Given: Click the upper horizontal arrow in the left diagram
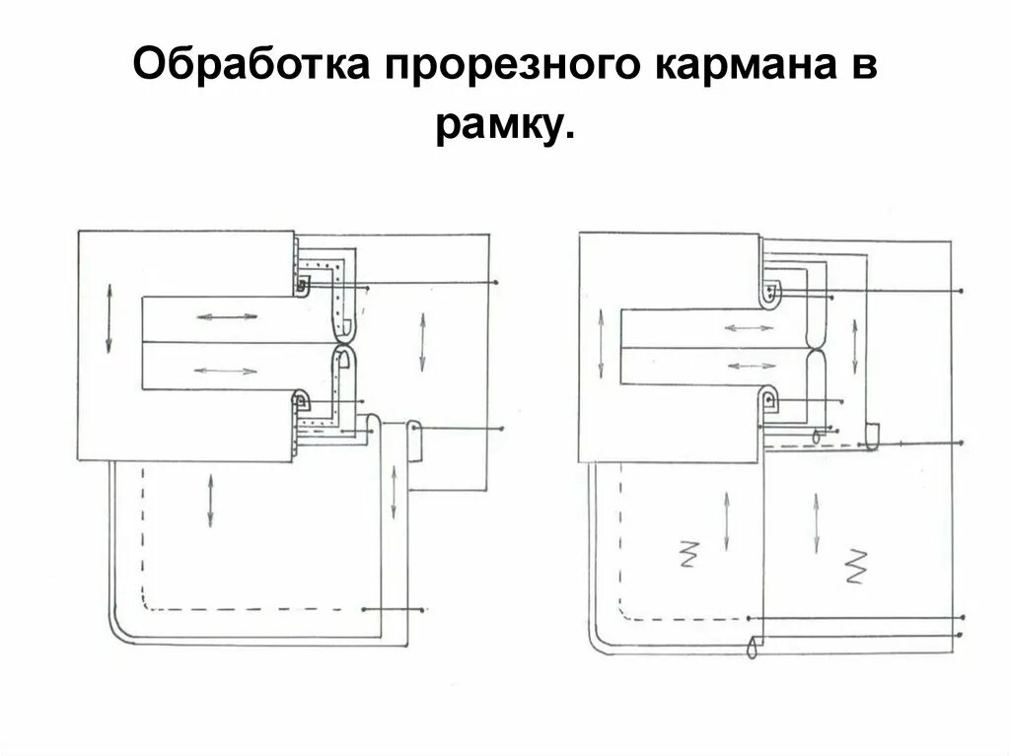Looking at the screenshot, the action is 227,317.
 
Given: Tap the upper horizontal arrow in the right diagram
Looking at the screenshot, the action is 750,326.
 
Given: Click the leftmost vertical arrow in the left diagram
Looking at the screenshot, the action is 108,318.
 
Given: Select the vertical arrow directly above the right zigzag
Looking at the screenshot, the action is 817,521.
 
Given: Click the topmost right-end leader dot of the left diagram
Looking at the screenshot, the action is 496,283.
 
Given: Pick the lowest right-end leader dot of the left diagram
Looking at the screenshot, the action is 423,610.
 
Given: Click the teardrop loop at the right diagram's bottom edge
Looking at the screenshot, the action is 753,649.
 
